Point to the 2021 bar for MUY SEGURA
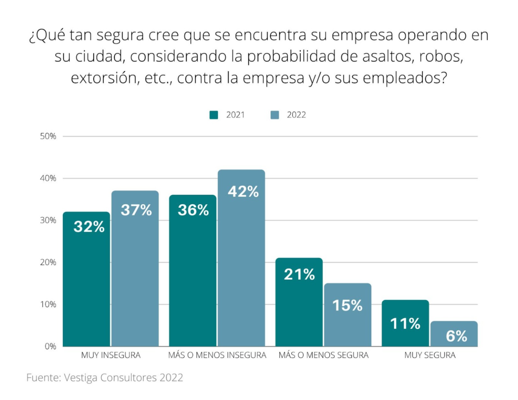click(405, 323)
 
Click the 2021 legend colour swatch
click(214, 115)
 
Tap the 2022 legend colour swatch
click(275, 115)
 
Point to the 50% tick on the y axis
click(48, 137)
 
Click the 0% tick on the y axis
click(50, 346)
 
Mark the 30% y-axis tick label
click(48, 220)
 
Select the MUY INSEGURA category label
click(111, 355)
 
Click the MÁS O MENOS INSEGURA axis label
click(217, 355)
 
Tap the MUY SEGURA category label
click(429, 355)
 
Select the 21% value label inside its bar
click(299, 275)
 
